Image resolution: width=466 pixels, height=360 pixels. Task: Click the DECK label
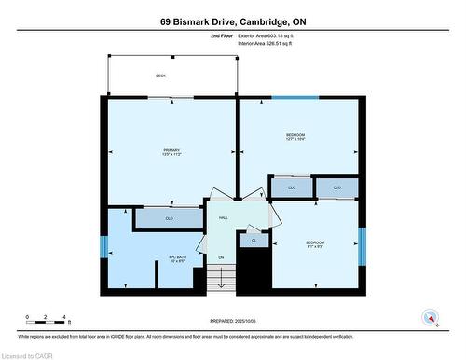coord(161,76)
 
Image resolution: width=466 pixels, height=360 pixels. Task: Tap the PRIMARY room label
coord(171,152)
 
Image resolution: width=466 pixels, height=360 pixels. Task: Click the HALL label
coord(224,217)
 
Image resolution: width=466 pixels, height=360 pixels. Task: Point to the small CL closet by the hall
coord(253,241)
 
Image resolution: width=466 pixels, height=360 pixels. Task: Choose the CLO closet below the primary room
coord(169,218)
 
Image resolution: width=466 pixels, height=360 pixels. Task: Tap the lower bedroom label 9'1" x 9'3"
coord(315,245)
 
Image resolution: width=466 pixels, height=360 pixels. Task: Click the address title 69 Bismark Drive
coord(232,21)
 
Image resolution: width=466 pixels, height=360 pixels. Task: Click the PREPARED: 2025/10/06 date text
coord(232,323)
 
